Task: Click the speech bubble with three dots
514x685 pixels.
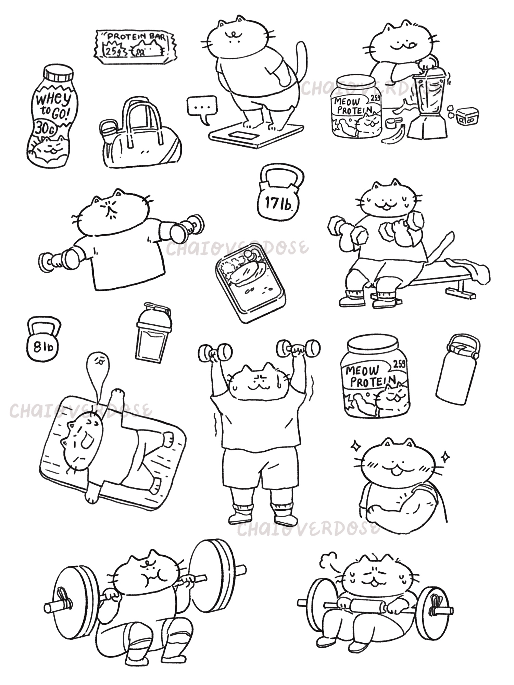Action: (x=202, y=108)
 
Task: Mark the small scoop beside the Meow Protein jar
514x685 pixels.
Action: (x=392, y=123)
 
